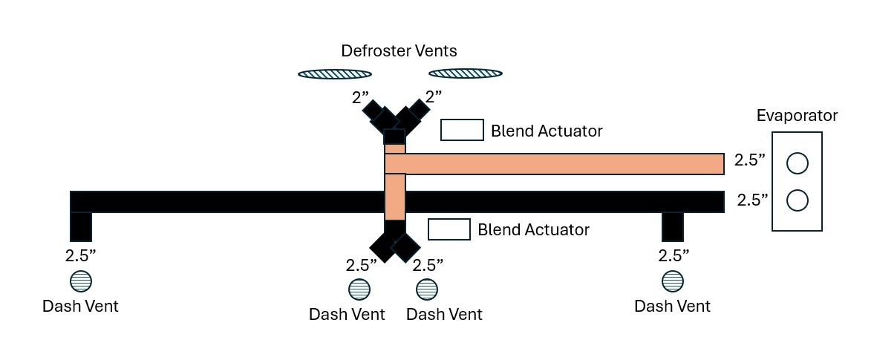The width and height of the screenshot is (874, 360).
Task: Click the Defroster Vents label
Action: pyautogui.click(x=399, y=50)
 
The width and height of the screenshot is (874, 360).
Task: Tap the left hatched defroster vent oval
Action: pyautogui.click(x=334, y=73)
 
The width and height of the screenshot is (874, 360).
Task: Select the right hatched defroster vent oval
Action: pyautogui.click(x=466, y=73)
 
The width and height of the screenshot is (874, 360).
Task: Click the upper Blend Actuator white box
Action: pyautogui.click(x=462, y=130)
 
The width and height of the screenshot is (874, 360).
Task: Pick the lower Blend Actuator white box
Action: pyautogui.click(x=449, y=229)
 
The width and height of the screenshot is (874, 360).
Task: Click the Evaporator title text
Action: pyautogui.click(x=797, y=115)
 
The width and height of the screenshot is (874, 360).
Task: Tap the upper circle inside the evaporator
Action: pyautogui.click(x=797, y=163)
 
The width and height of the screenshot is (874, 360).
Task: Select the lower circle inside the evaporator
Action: pyautogui.click(x=797, y=200)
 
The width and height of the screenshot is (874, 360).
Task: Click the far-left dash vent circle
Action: pyautogui.click(x=81, y=281)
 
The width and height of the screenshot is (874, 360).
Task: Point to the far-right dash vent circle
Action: pyautogui.click(x=673, y=281)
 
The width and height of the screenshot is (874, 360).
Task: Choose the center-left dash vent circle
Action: pyautogui.click(x=359, y=289)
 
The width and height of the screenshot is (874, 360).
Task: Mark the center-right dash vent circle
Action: pyautogui.click(x=427, y=289)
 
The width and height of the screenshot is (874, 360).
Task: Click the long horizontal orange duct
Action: pyautogui.click(x=555, y=164)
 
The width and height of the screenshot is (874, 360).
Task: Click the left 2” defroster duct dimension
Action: pyautogui.click(x=360, y=97)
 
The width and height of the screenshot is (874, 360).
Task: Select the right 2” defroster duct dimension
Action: pyautogui.click(x=434, y=97)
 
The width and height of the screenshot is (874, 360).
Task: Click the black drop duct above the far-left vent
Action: pyautogui.click(x=81, y=226)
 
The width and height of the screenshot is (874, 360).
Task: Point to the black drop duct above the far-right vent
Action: pyautogui.click(x=673, y=226)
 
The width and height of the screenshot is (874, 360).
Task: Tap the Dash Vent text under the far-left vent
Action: pyautogui.click(x=80, y=306)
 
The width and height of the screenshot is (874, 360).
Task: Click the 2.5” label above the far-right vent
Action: pyautogui.click(x=674, y=256)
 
